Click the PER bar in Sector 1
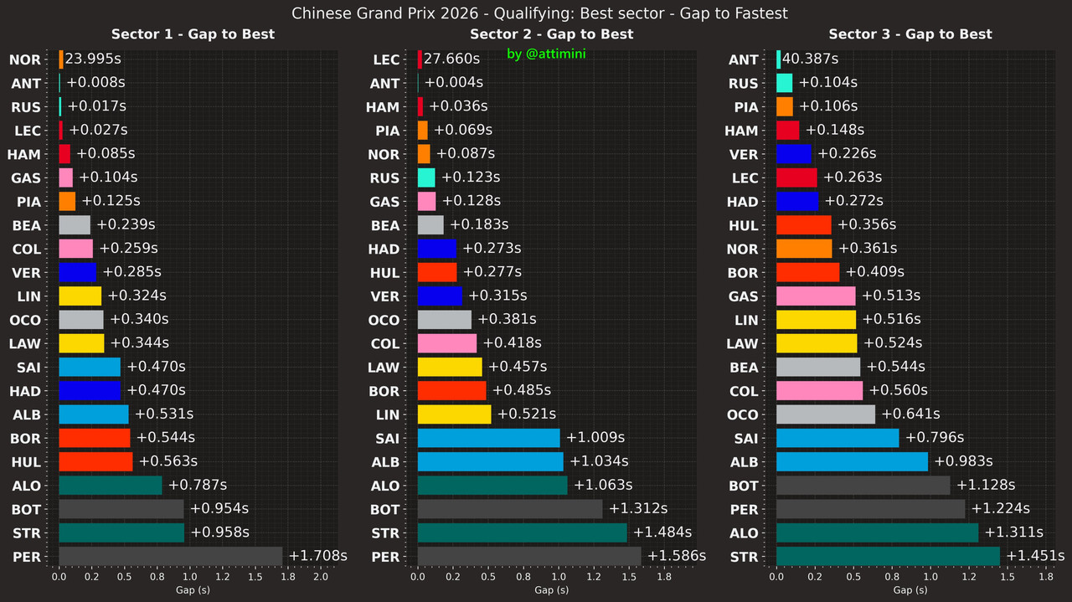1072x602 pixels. [x=171, y=556]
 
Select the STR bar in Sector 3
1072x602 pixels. [x=888, y=556]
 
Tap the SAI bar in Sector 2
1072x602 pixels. [x=488, y=438]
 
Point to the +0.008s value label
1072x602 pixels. [x=95, y=83]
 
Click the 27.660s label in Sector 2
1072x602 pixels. [x=451, y=59]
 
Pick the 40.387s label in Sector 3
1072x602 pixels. [x=810, y=59]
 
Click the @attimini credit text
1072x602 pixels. [x=545, y=54]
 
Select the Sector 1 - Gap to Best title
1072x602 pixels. [x=193, y=34]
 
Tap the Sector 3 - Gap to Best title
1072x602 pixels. [x=910, y=34]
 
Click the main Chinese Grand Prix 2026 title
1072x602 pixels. [x=540, y=13]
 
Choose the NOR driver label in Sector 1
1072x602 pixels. [x=24, y=59]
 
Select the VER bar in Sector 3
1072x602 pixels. [x=794, y=154]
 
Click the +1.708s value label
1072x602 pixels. [x=317, y=556]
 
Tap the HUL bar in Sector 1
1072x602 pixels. [x=95, y=461]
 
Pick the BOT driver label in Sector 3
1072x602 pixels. [x=743, y=486]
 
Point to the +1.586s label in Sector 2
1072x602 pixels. [x=677, y=556]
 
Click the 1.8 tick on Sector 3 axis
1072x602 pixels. [x=1045, y=577]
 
